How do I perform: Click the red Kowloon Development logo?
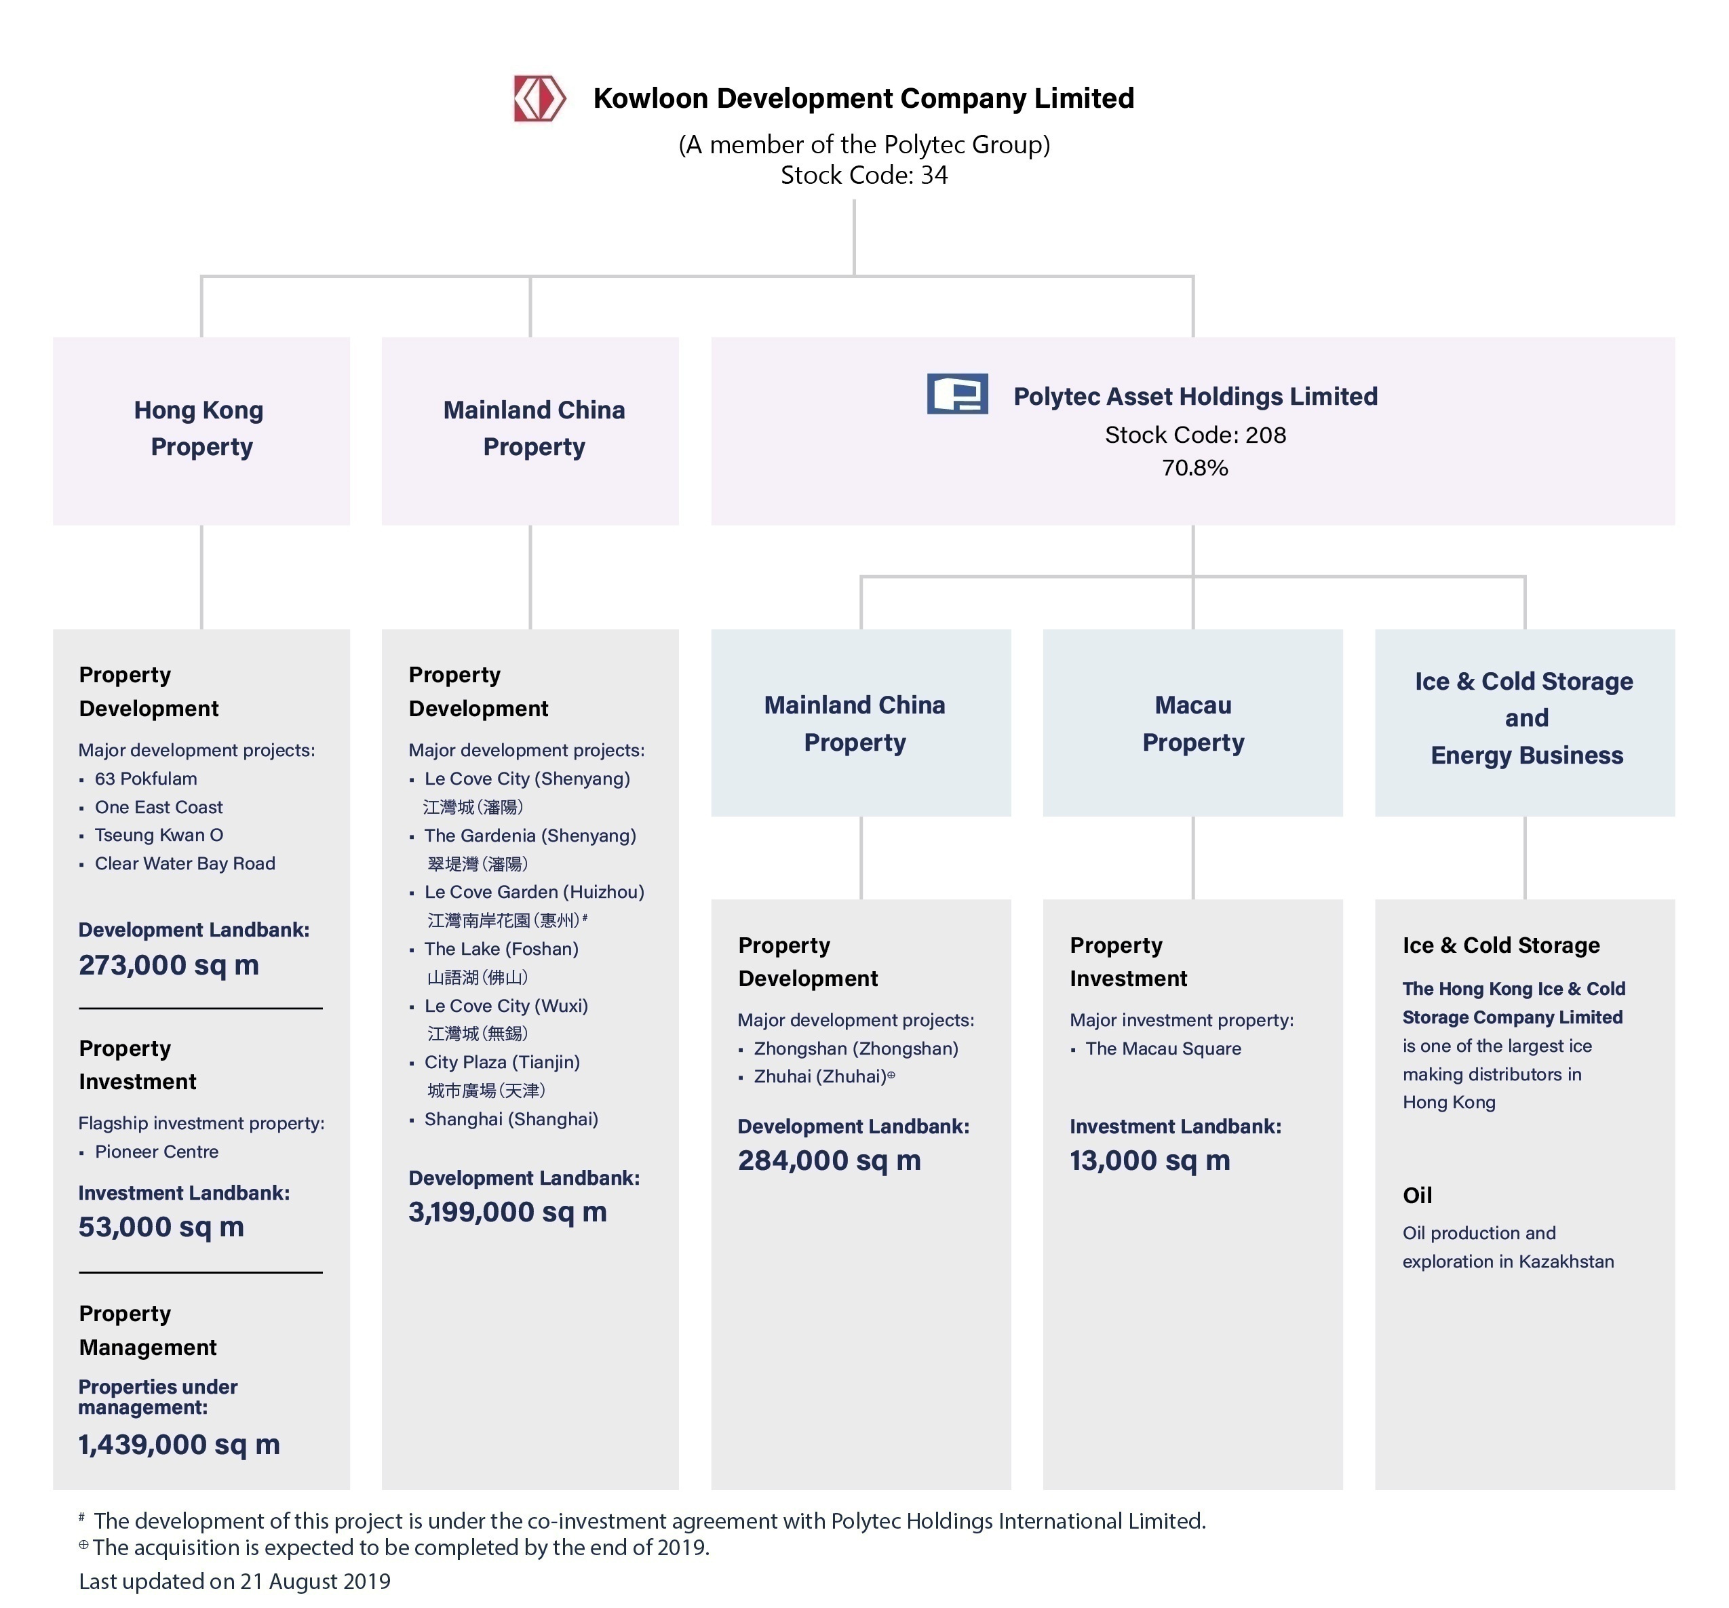coord(539,98)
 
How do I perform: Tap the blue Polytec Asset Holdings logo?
coord(956,394)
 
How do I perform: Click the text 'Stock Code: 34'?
coord(863,175)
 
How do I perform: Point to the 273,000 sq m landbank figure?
coord(169,965)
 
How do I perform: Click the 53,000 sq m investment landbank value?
coord(161,1227)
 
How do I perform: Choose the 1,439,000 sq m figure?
coord(179,1445)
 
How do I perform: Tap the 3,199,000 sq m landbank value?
coord(507,1213)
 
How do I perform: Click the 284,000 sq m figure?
coord(829,1160)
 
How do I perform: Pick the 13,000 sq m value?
coord(1149,1160)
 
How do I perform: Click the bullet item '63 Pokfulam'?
coord(145,779)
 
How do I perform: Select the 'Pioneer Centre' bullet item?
coord(157,1152)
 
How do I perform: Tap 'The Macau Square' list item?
coord(1163,1048)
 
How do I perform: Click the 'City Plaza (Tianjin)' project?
coord(502,1062)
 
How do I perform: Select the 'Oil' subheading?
coord(1417,1195)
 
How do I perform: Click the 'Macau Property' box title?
coord(1192,723)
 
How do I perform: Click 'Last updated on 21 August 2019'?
coord(235,1581)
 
